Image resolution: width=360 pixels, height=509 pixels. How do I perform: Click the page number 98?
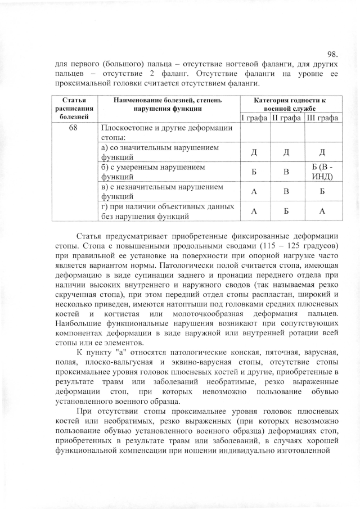tap(331, 55)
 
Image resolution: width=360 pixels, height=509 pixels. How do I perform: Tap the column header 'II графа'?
tap(287, 118)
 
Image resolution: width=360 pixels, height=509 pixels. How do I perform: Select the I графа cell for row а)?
tap(254, 152)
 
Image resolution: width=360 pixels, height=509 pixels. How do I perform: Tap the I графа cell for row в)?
tap(254, 192)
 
